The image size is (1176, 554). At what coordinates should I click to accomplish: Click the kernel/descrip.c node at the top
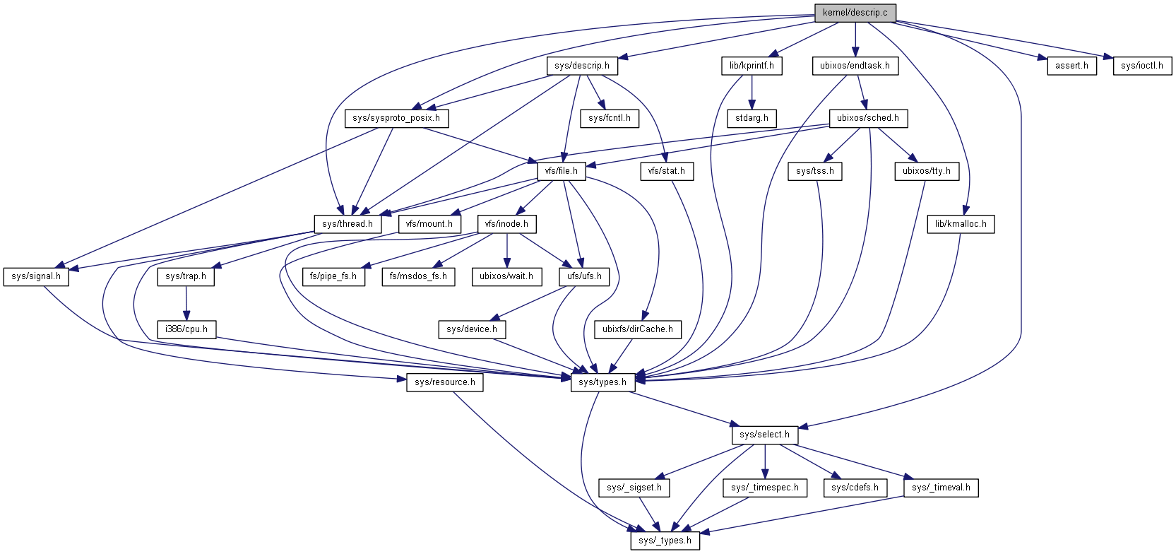tap(855, 13)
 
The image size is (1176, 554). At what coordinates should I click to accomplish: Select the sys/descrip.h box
tap(581, 66)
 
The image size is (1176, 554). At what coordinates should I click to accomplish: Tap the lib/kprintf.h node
tap(752, 66)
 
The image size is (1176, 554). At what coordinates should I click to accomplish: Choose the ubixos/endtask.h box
tap(855, 66)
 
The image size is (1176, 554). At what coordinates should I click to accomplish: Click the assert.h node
tap(1071, 66)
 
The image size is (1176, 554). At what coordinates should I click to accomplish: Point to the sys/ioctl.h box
tap(1141, 66)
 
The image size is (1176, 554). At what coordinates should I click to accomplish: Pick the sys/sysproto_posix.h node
tap(396, 118)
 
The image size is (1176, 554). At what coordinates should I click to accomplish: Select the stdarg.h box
tap(752, 118)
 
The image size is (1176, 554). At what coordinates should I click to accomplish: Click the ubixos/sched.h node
tap(867, 118)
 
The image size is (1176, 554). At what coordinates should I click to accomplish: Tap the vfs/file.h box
tap(561, 171)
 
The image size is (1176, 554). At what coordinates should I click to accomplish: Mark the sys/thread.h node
tap(347, 224)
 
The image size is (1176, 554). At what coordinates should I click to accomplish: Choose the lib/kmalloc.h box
tap(961, 224)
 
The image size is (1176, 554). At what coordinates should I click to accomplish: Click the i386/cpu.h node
tap(186, 329)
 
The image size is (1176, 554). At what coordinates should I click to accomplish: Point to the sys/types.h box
tap(602, 382)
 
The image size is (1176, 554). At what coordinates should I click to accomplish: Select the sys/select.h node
tap(764, 435)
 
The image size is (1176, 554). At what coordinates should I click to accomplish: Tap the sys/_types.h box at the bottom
tap(665, 541)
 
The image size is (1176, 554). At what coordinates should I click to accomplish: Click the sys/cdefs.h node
tap(855, 488)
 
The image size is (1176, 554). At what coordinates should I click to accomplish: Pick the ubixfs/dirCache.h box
tap(637, 329)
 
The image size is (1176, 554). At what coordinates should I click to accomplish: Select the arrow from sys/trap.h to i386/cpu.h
tap(186, 303)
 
